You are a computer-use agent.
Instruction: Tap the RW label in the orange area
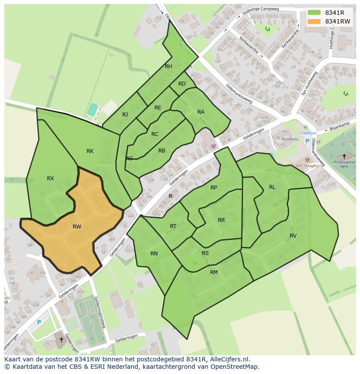click(77, 226)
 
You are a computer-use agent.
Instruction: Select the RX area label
click(50, 178)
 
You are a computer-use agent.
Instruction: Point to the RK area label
click(90, 151)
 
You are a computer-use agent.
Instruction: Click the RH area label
click(168, 66)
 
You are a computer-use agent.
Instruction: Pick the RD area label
click(182, 83)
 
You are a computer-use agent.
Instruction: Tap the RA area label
click(201, 112)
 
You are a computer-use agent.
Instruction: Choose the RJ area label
click(125, 115)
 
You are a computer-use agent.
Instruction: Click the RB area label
click(162, 151)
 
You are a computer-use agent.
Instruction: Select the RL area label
click(272, 187)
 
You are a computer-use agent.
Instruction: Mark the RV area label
click(293, 235)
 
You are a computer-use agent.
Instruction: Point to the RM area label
click(214, 272)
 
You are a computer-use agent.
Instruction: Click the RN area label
click(154, 254)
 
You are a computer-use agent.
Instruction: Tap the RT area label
click(173, 226)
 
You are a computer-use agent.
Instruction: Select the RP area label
click(213, 188)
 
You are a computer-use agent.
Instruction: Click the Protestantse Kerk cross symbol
click(344, 156)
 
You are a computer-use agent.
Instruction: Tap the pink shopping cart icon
click(213, 146)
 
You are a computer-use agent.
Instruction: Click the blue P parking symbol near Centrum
click(307, 141)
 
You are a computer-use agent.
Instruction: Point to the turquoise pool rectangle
click(92, 109)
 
